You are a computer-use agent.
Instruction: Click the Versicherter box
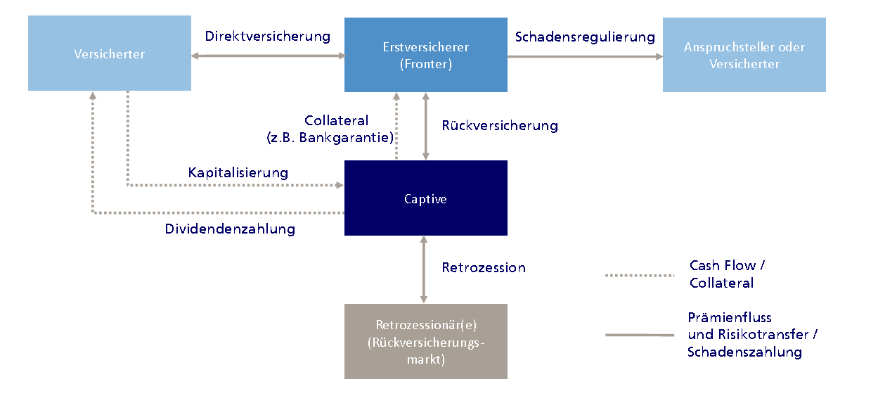coord(109,54)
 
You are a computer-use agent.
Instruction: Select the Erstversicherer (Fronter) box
coord(425,56)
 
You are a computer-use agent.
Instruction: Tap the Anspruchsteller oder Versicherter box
coord(744,56)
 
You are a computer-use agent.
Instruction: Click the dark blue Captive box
coord(425,198)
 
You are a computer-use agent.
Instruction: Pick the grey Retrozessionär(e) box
coord(425,341)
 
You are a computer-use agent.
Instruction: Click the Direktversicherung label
coord(267,37)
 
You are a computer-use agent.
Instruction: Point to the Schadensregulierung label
coord(584,37)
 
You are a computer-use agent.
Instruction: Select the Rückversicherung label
coord(499,126)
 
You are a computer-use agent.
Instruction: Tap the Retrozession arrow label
coord(483,267)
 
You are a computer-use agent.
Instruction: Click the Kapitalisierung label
coord(238,172)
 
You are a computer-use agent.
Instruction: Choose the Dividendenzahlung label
coord(230,229)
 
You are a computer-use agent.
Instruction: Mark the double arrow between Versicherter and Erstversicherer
coord(267,56)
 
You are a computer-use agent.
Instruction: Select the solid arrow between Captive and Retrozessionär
coord(424,269)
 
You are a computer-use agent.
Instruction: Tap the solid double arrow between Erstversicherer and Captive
coord(425,127)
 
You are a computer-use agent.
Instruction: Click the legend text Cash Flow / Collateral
coord(726,274)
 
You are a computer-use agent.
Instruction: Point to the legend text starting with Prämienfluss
coord(752,335)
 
